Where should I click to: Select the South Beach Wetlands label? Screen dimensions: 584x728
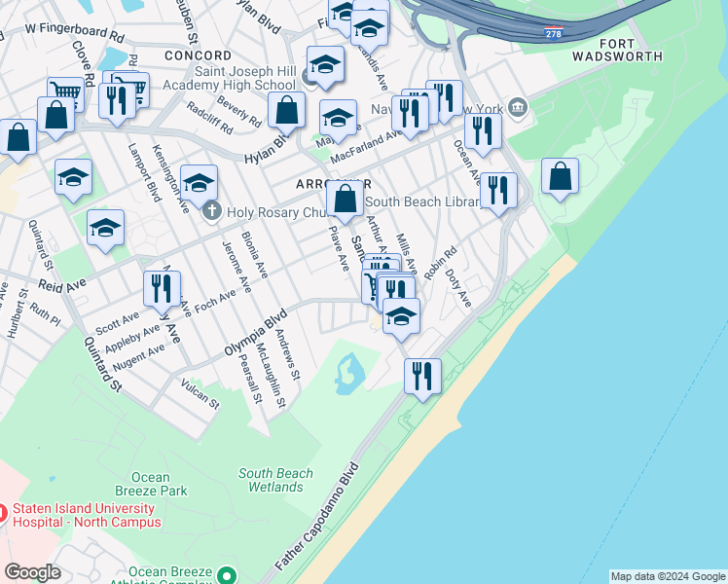[276, 480]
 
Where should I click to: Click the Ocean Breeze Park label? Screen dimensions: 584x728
[159, 485]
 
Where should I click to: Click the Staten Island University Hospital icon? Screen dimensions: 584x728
[3, 512]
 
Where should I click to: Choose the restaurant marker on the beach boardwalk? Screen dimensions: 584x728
[422, 376]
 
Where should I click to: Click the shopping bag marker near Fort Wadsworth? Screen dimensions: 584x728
[560, 176]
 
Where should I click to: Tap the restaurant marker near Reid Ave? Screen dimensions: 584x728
[162, 288]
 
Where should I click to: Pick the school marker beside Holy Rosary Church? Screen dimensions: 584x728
[199, 182]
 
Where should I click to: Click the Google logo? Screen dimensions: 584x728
[31, 571]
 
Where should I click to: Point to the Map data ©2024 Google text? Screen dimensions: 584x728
[667, 576]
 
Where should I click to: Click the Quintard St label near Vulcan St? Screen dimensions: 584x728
[101, 364]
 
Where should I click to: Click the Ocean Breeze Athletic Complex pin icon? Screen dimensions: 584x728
[228, 575]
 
